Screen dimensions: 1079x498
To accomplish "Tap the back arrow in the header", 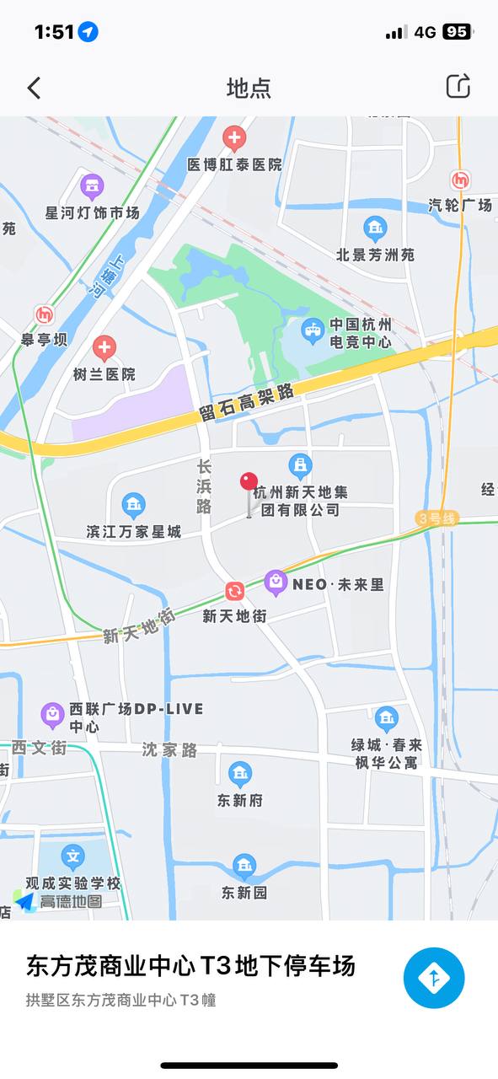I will click(34, 88).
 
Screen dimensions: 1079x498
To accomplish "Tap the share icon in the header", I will click(458, 86).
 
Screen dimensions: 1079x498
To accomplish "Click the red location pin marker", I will click(249, 482).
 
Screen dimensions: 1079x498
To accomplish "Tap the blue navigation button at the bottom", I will click(434, 978).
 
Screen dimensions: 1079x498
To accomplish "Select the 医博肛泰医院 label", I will click(234, 164).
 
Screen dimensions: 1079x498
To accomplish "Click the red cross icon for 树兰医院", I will click(104, 346).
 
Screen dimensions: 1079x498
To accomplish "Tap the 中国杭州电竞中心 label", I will click(360, 333).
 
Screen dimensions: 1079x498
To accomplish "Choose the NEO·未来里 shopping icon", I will click(276, 582).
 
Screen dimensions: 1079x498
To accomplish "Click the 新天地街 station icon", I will click(234, 592).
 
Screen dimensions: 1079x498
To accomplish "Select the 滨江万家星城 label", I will click(133, 532).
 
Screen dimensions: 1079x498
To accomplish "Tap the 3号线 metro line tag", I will click(436, 518).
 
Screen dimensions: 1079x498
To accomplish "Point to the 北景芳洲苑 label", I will click(375, 254).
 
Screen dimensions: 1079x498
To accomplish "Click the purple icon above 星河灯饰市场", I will click(92, 186).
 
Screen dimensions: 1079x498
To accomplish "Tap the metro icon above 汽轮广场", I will click(460, 180).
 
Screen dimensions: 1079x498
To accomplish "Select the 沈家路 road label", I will click(169, 749).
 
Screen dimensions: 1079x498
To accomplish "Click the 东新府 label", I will click(240, 800).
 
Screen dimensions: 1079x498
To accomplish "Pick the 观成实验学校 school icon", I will click(73, 857).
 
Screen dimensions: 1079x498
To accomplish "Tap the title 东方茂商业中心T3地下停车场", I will click(190, 966).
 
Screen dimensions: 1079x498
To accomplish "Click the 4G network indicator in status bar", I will click(425, 32).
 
